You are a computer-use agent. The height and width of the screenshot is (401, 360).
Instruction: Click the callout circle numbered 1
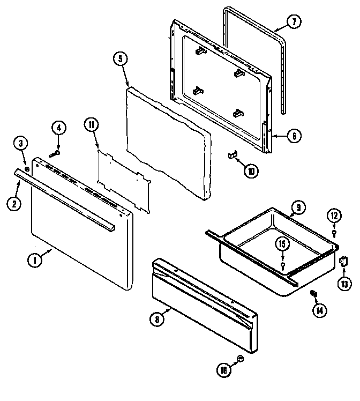coord(35,261)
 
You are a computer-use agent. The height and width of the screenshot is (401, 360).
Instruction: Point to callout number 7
coord(294,23)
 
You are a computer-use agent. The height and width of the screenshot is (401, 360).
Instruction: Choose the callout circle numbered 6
coord(293,136)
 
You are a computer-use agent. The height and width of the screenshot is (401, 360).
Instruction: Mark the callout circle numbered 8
coord(156,320)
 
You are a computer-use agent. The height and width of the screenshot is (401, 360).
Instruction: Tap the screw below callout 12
coord(334,233)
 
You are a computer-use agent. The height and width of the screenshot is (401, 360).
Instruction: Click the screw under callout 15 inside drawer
coord(283,265)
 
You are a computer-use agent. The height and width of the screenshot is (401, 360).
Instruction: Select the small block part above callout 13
coord(343,261)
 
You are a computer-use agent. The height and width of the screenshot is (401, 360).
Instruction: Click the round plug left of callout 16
coord(240,358)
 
